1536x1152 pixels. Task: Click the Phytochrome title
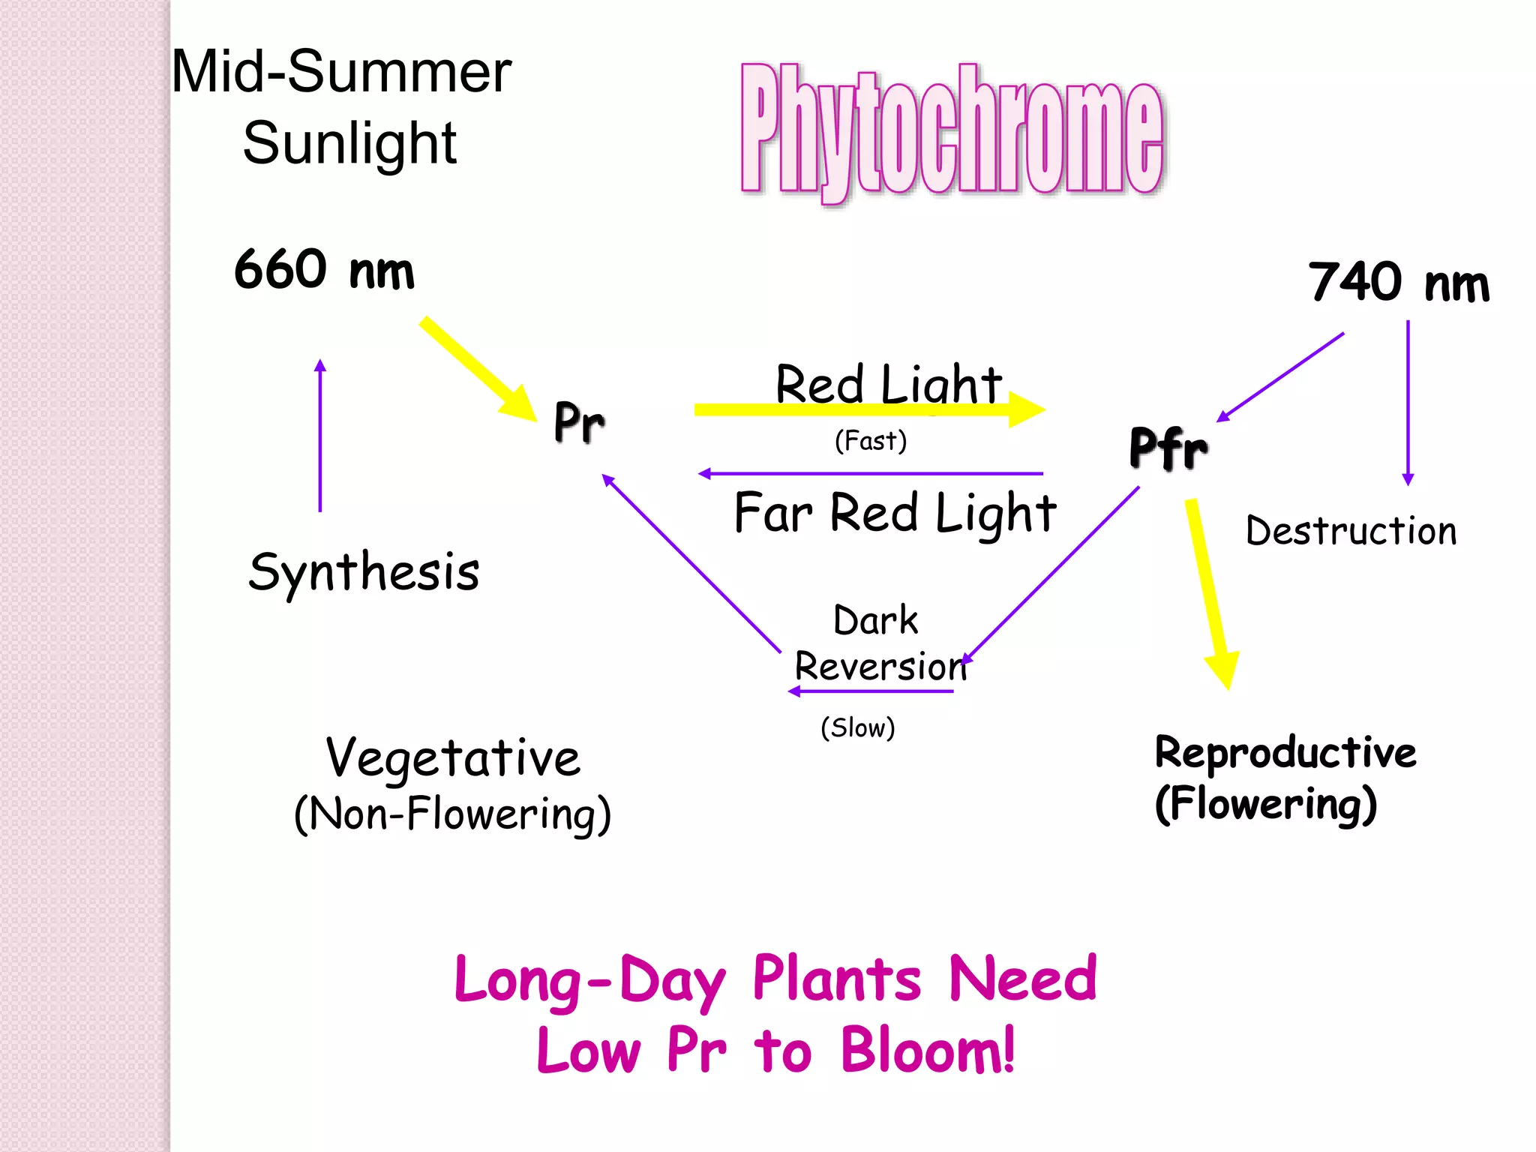[x=951, y=131]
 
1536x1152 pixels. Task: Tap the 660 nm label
[x=324, y=270]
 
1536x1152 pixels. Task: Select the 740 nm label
[x=1399, y=283]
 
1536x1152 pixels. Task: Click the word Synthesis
[x=364, y=571]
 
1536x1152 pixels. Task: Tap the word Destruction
[x=1351, y=531]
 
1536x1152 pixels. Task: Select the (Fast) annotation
[x=871, y=440]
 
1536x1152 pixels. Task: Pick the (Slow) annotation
[x=858, y=727]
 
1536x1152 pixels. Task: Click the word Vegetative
[x=453, y=757]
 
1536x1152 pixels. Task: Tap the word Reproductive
[x=1285, y=752]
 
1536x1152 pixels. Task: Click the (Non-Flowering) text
[x=453, y=814]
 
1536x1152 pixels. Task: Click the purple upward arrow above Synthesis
[x=320, y=435]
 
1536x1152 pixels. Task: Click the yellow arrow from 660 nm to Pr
[x=477, y=367]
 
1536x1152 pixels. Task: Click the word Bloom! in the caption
[x=927, y=1050]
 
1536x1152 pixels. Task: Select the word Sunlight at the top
[x=349, y=142]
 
